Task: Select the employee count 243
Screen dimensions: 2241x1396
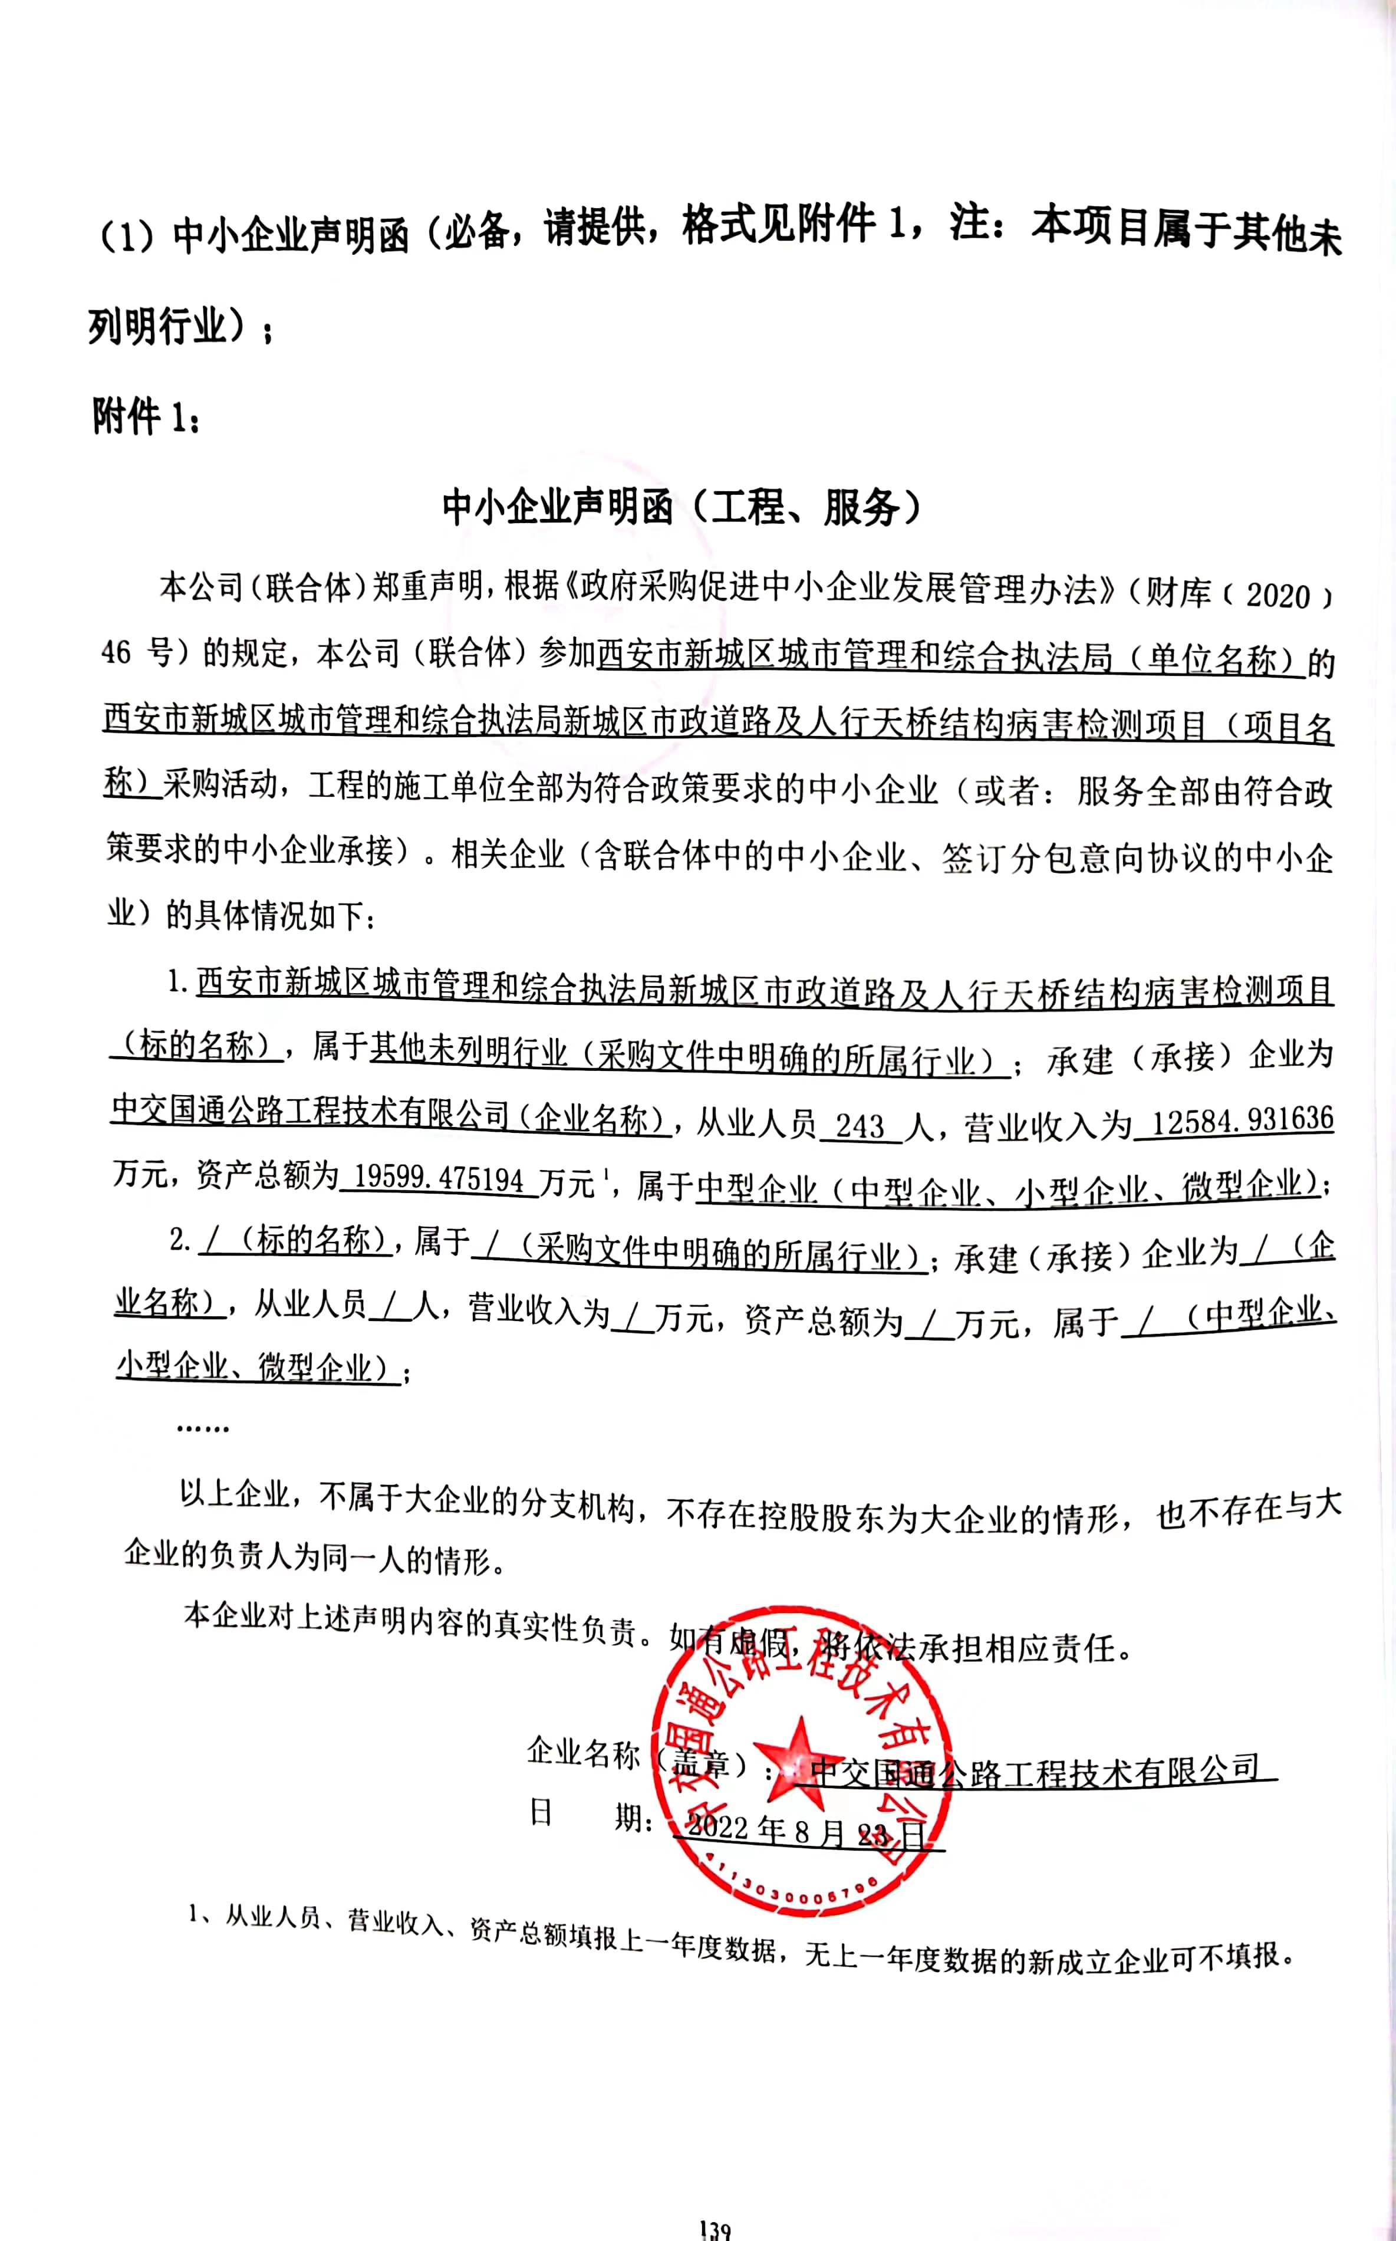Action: (x=859, y=1126)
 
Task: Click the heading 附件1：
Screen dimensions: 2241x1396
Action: (x=143, y=418)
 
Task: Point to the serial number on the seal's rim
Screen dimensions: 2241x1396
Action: (x=789, y=1893)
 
